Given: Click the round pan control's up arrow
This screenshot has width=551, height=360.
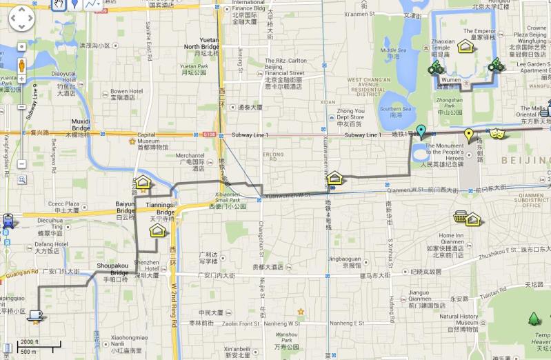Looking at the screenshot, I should pyautogui.click(x=21, y=12).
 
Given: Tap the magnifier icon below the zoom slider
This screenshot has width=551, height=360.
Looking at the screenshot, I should pyautogui.click(x=22, y=180).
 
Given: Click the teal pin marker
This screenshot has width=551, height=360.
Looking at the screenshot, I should pyautogui.click(x=421, y=132).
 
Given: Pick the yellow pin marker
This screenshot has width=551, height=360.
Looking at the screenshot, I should pyautogui.click(x=469, y=135).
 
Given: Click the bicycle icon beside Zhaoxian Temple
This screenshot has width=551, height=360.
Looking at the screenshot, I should pyautogui.click(x=435, y=68).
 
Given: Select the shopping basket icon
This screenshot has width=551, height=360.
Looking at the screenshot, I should pyautogui.click(x=460, y=217).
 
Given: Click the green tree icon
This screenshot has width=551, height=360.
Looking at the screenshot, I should pyautogui.click(x=534, y=319).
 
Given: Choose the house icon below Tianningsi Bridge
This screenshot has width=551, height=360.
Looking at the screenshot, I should pyautogui.click(x=157, y=230).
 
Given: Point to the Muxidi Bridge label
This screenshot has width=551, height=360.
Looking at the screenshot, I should pyautogui.click(x=81, y=124).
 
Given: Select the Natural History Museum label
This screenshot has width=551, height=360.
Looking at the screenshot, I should pyautogui.click(x=459, y=320).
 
